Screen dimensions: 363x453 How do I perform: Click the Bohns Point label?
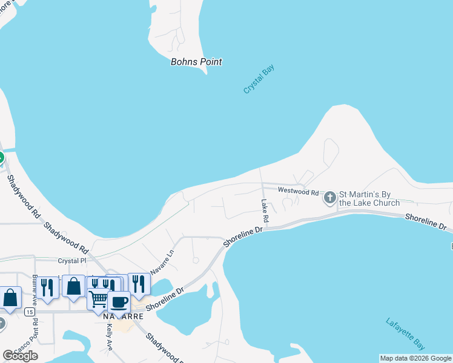[196, 62]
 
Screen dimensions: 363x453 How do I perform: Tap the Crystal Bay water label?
[259, 79]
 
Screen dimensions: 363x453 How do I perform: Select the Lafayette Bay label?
[405, 333]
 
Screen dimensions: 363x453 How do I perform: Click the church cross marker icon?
[330, 198]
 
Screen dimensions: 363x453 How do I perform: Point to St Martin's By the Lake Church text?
[369, 198]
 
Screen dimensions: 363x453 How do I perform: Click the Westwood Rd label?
[298, 191]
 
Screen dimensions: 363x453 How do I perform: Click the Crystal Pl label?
[72, 261]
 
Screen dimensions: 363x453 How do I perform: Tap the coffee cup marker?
[119, 301]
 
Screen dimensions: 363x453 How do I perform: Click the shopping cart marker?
[98, 298]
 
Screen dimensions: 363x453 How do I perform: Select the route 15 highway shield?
[29, 312]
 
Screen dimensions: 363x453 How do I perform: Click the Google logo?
[20, 355]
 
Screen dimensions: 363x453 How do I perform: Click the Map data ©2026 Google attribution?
[415, 358]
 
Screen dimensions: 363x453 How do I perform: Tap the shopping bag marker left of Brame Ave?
[10, 297]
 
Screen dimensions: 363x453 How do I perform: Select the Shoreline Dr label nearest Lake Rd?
[243, 236]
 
